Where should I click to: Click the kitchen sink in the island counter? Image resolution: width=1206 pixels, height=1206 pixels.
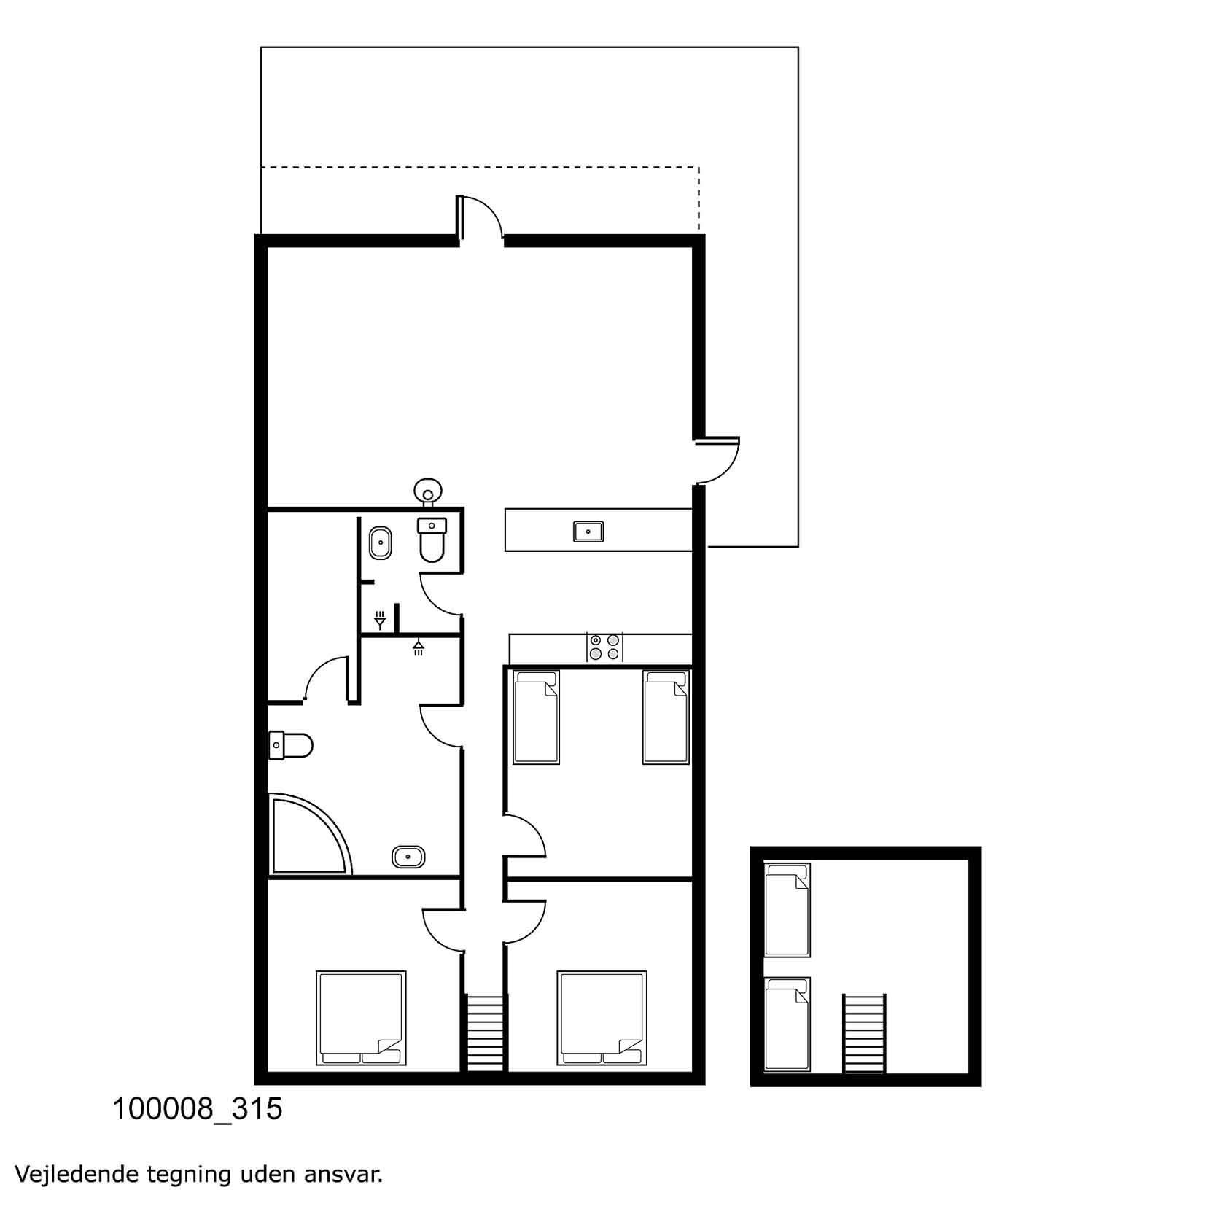pos(588,532)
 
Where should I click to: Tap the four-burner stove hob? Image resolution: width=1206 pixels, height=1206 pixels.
pos(605,647)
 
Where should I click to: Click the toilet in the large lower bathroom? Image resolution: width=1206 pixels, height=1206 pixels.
pos(290,745)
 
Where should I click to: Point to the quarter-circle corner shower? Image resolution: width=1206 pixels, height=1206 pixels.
pos(310,835)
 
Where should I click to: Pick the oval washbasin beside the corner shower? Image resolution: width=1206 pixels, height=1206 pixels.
pos(408,856)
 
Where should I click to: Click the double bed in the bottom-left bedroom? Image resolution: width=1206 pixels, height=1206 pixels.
pos(361,1018)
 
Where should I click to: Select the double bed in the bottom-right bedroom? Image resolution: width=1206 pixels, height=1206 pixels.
pos(602,1018)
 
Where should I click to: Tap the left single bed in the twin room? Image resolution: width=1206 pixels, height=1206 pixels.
pos(536,717)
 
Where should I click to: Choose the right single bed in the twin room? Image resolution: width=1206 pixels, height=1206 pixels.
pos(666,717)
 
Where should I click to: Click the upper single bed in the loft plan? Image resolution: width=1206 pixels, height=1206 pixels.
pos(787,910)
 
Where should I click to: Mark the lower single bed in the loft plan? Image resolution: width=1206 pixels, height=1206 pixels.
pos(787,1024)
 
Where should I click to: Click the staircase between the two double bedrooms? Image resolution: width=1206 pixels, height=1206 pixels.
pos(485,1033)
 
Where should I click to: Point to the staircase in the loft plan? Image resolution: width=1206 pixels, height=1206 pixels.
pos(864,1033)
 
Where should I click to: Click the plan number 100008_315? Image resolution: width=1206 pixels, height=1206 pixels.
pos(197,1109)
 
